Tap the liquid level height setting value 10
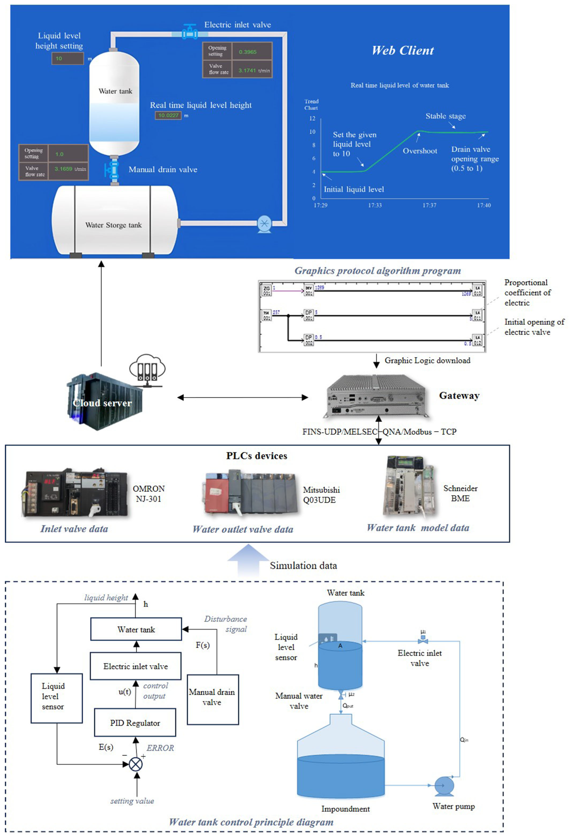tap(67, 58)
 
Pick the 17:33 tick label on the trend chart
tap(375, 205)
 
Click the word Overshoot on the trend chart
tap(420, 151)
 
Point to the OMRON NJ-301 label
tap(149, 494)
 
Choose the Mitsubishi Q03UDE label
tap(321, 495)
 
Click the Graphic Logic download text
tap(427, 360)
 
